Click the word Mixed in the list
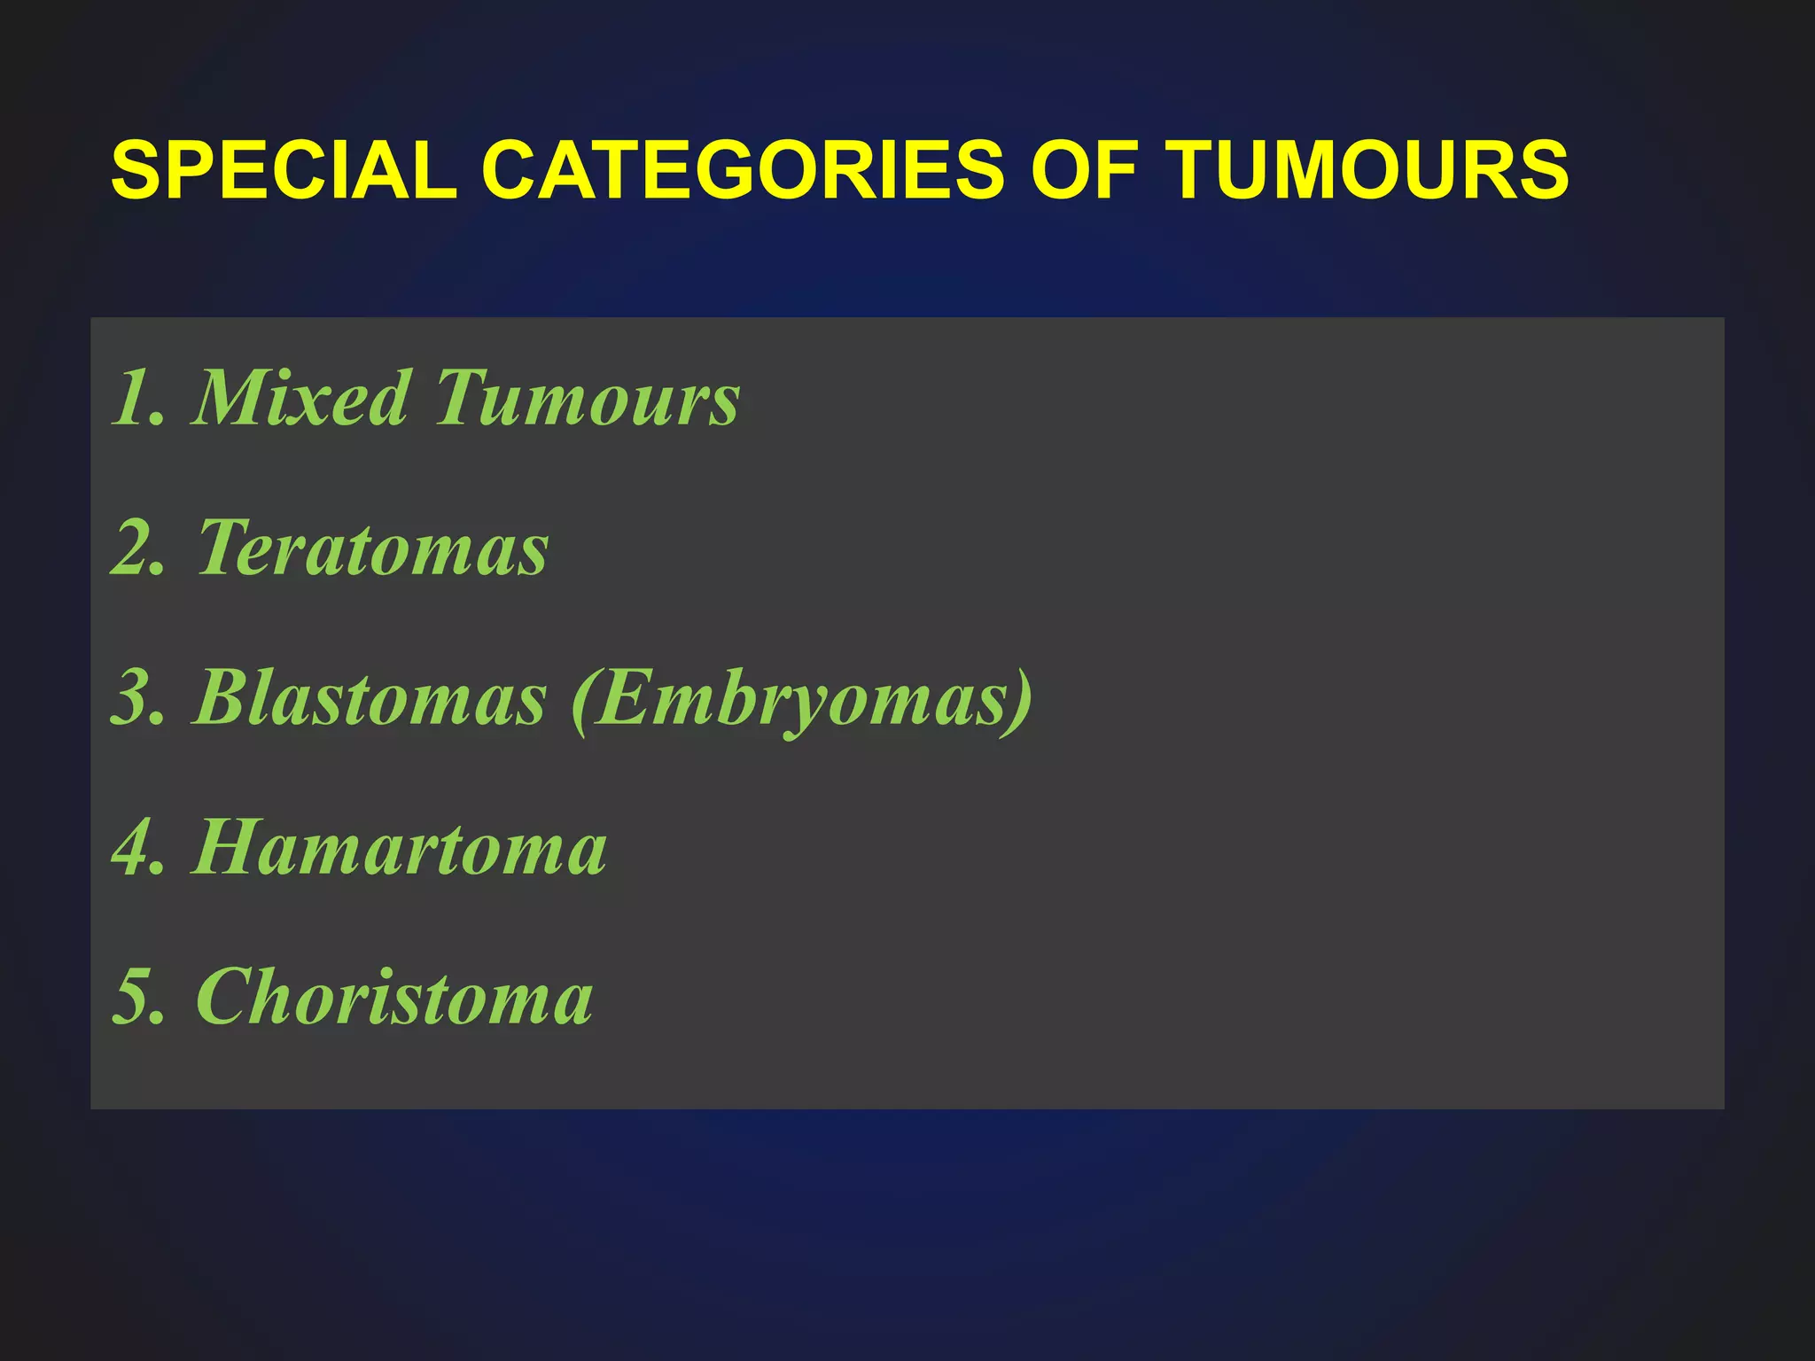click(301, 398)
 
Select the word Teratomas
click(373, 548)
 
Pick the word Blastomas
click(370, 698)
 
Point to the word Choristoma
click(394, 998)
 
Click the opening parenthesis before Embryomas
click(581, 700)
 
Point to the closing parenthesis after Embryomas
click(1022, 700)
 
